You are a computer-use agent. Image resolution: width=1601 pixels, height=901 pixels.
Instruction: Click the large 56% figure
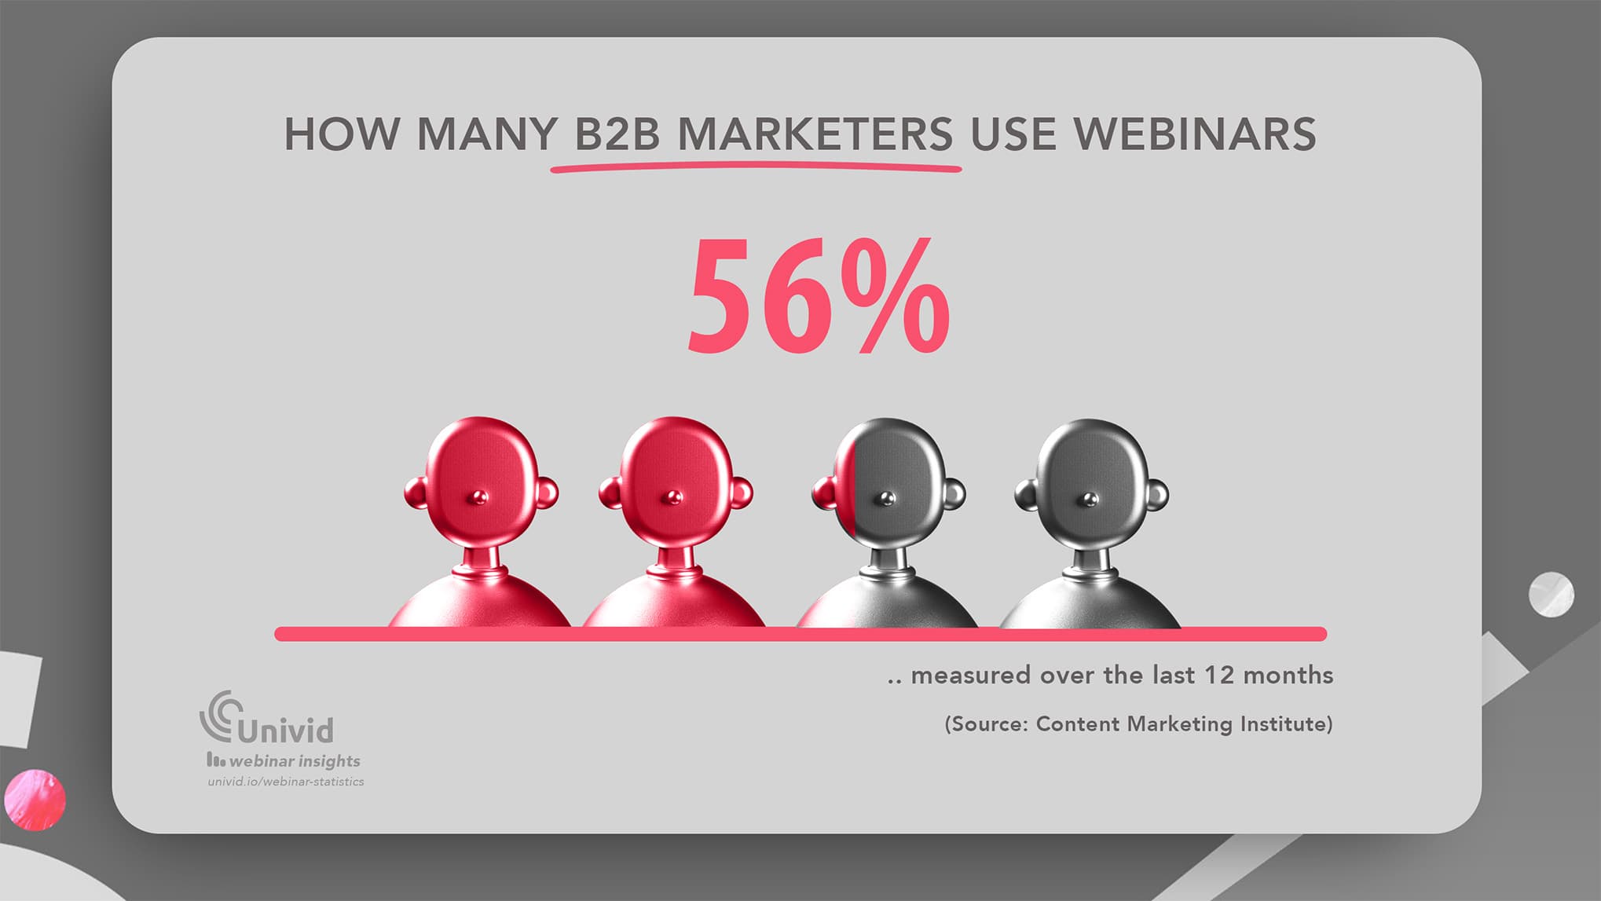tap(819, 296)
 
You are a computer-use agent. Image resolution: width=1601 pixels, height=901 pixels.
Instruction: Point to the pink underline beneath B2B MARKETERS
tap(756, 167)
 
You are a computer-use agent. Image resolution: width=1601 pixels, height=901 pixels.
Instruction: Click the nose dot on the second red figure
tap(673, 496)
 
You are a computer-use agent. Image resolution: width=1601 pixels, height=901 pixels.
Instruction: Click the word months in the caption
tap(1288, 675)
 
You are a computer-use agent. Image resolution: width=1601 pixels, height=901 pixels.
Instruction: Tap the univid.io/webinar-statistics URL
tap(286, 782)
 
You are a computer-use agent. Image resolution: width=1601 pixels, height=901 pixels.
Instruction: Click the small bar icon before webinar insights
tap(215, 760)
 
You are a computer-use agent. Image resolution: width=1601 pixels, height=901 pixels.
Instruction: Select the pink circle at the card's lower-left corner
tap(35, 800)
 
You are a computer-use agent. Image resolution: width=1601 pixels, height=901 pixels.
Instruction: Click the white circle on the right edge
tap(1551, 595)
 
